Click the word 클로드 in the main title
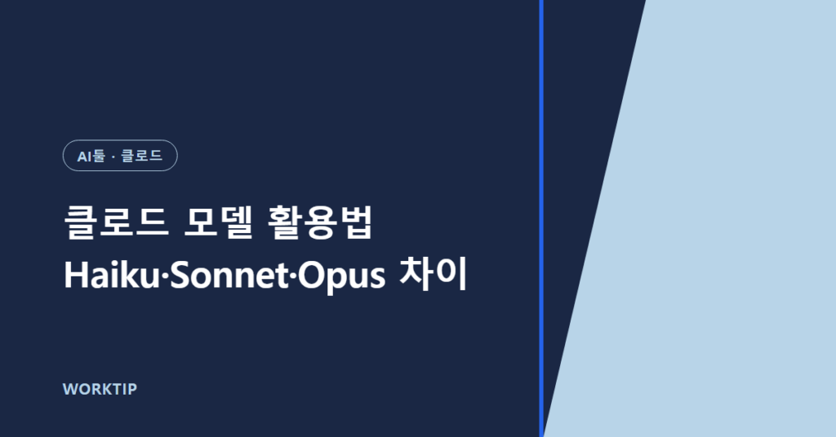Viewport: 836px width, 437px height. coord(116,222)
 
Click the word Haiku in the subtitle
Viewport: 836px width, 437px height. coord(111,276)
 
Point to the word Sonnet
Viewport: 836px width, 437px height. coord(229,276)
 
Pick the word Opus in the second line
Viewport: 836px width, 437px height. coord(341,276)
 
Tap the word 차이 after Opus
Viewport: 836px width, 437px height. coord(433,275)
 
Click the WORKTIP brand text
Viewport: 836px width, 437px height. coord(100,389)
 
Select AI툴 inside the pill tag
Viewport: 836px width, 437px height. coord(91,156)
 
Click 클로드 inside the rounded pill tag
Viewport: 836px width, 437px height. coord(142,156)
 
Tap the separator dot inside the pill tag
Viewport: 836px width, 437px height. coord(113,157)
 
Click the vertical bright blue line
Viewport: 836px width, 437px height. coord(541,218)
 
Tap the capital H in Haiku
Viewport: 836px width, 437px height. coord(75,276)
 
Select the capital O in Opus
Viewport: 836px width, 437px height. coord(311,276)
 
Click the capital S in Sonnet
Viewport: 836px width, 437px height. coord(180,276)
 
